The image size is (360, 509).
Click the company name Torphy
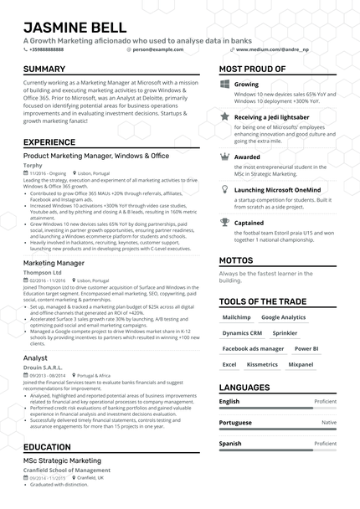tap(33, 166)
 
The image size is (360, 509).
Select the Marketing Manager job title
tap(54, 263)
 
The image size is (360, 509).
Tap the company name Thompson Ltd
tap(43, 272)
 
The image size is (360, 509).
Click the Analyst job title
tap(35, 357)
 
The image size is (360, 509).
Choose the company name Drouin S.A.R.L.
tap(44, 368)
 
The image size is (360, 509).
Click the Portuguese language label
tap(235, 423)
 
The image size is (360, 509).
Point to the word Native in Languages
tap(329, 423)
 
